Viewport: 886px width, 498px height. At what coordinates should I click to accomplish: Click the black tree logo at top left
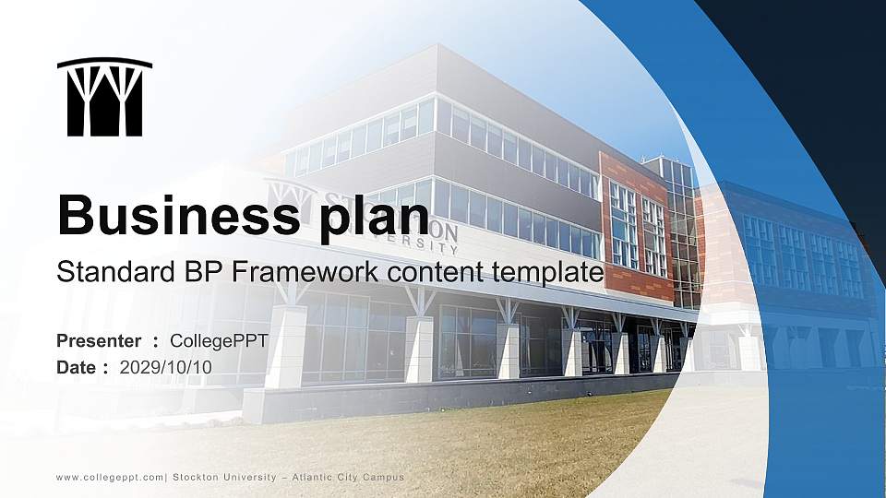[x=104, y=97]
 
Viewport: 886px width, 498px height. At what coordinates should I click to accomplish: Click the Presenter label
[x=99, y=341]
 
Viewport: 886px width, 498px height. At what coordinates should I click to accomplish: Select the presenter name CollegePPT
[x=220, y=341]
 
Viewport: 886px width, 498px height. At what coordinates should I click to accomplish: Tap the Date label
[x=78, y=367]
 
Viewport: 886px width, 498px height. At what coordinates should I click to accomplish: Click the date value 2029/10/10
[x=166, y=367]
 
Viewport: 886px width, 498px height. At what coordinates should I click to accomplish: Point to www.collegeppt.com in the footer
[x=110, y=477]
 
